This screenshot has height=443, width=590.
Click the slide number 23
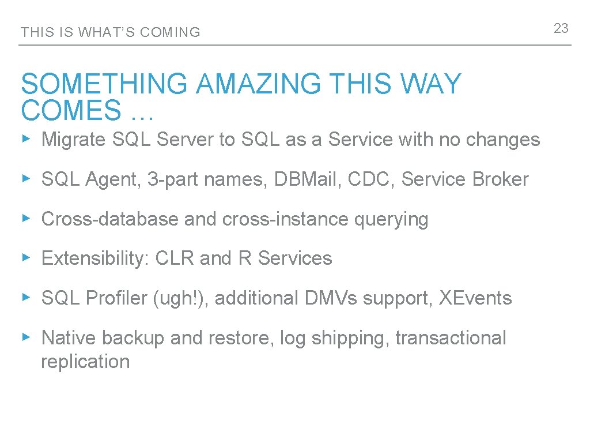click(561, 28)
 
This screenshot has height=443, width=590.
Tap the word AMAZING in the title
click(258, 84)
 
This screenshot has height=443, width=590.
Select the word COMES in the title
click(71, 110)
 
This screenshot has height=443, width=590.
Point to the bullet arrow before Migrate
click(25, 139)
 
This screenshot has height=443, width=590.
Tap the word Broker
click(500, 179)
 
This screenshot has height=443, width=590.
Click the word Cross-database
click(109, 219)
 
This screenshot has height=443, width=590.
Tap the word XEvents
click(475, 298)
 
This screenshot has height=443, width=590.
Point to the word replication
click(85, 362)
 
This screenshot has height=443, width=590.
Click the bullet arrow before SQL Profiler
click(25, 298)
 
